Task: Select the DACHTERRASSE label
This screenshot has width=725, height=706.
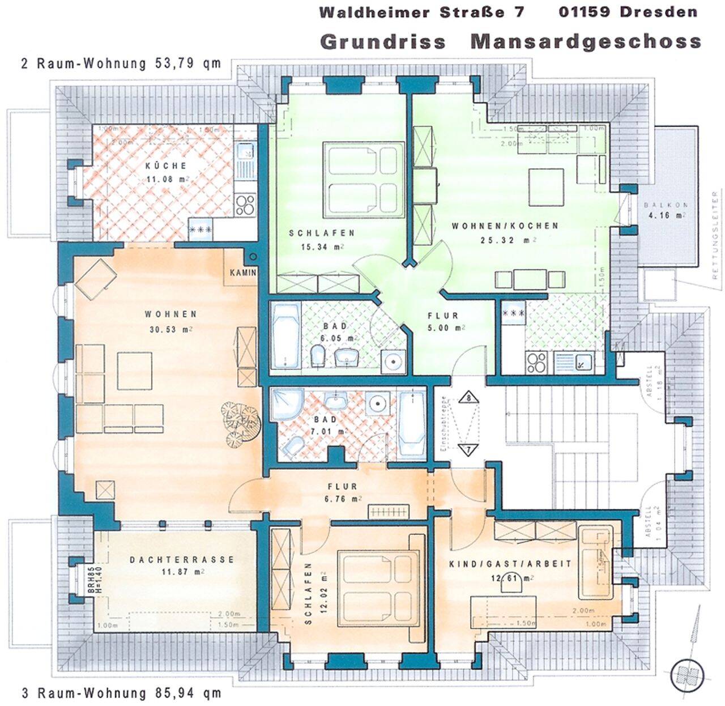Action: click(x=182, y=559)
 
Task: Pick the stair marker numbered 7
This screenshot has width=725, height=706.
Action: click(x=467, y=450)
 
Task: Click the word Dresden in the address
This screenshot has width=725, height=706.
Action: click(x=658, y=12)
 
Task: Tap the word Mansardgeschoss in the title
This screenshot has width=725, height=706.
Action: click(x=586, y=41)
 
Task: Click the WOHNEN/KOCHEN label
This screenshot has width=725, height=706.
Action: click(x=505, y=226)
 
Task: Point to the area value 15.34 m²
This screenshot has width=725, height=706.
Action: click(x=321, y=246)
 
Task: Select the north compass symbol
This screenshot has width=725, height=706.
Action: click(x=689, y=673)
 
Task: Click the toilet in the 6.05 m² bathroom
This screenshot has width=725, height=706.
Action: click(x=318, y=357)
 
